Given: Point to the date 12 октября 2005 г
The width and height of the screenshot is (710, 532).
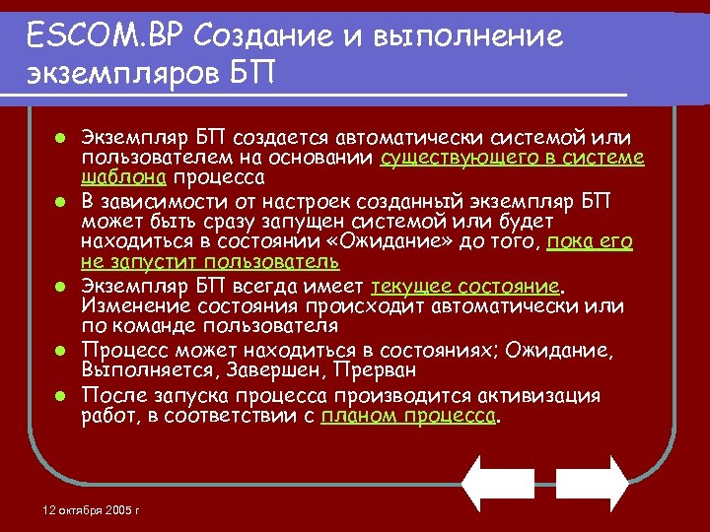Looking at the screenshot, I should [92, 510].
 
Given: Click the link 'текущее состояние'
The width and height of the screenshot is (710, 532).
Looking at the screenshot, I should [465, 286].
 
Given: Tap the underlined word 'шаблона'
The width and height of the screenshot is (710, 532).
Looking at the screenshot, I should [124, 177].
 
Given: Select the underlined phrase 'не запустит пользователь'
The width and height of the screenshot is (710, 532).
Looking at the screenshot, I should [210, 261].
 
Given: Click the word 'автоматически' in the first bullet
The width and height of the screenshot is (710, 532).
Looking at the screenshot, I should [382, 137].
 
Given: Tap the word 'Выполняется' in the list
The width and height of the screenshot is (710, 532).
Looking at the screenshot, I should [139, 370].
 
